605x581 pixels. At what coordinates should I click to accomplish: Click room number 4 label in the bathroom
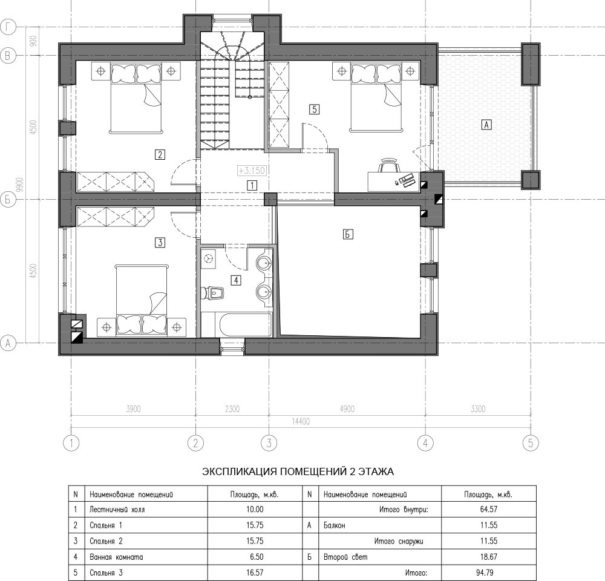click(236, 280)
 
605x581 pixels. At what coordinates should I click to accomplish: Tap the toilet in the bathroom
click(213, 293)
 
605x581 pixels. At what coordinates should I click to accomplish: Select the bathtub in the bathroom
click(245, 324)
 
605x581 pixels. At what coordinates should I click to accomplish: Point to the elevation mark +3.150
click(252, 170)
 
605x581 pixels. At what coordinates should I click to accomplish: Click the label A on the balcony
click(486, 125)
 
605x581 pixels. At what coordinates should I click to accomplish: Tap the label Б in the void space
click(348, 234)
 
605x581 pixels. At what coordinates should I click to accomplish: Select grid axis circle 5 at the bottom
click(531, 443)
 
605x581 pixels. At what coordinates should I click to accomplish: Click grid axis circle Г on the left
click(8, 28)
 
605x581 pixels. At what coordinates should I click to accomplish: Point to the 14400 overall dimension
click(301, 422)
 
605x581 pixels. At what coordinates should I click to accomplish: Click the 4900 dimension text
click(347, 409)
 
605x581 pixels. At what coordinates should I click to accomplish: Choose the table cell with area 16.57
click(255, 573)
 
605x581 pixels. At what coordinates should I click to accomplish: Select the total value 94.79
click(488, 573)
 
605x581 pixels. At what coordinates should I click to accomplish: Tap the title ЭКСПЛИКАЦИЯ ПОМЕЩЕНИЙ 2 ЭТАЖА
click(298, 471)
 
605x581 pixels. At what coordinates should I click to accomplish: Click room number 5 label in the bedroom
click(314, 110)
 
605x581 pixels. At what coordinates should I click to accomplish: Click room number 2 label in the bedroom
click(159, 154)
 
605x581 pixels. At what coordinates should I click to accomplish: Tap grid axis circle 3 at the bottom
click(269, 443)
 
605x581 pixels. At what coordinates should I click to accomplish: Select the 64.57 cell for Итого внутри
click(488, 509)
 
